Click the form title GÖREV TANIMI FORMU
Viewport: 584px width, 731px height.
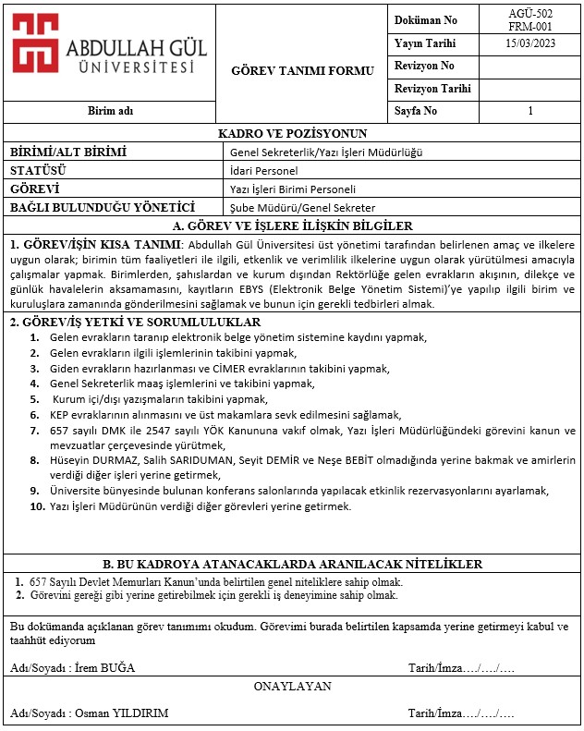[x=302, y=70]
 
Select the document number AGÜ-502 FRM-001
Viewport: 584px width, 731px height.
[x=530, y=19]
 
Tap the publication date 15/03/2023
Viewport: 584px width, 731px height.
[x=530, y=43]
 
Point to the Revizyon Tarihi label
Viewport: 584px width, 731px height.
[x=432, y=90]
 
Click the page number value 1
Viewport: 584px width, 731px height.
[x=530, y=111]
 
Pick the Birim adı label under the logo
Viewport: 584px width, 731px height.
[x=110, y=111]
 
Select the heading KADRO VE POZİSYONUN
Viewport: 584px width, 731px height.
[x=292, y=134]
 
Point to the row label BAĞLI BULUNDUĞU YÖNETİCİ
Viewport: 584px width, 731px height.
[x=102, y=208]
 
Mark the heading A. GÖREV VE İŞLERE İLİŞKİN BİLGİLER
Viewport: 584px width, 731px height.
[x=292, y=225]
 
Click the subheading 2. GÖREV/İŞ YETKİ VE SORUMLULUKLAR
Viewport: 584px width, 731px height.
[x=135, y=323]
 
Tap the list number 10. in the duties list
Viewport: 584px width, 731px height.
[x=37, y=506]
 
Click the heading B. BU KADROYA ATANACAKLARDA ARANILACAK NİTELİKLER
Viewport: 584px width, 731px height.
[x=292, y=564]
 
